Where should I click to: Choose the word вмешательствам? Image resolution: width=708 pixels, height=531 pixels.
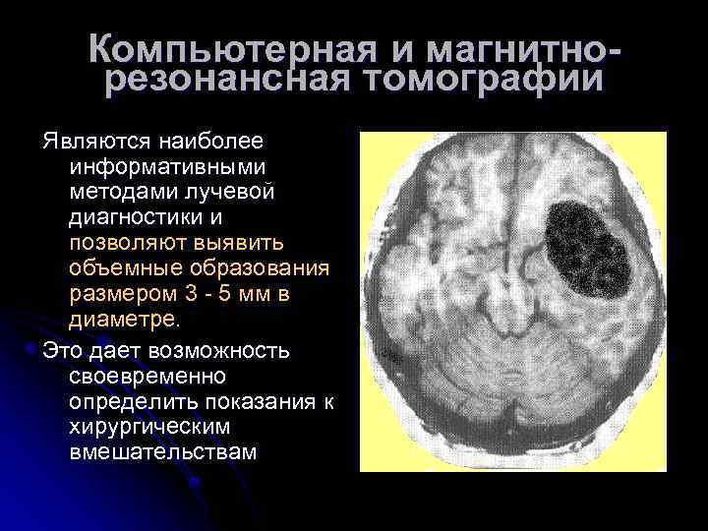click(x=163, y=452)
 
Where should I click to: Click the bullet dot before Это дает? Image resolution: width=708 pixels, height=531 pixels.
click(x=34, y=349)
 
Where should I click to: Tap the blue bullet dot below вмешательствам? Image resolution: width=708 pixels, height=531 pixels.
click(x=200, y=481)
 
